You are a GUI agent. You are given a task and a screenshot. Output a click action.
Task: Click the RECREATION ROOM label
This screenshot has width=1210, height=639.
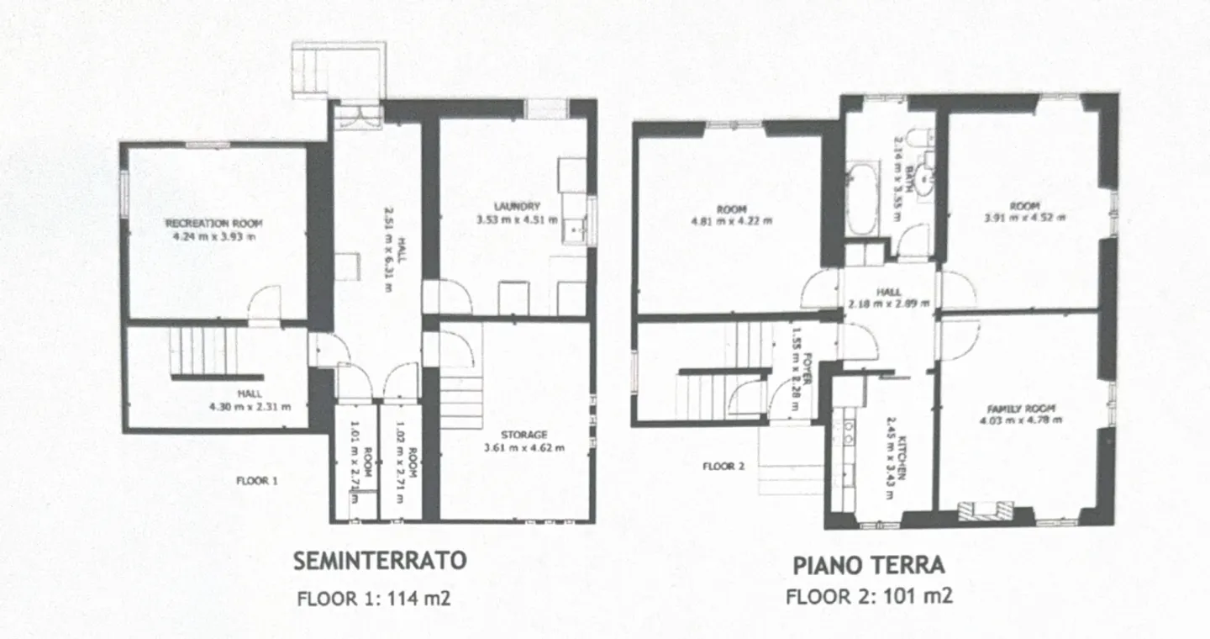[213, 224]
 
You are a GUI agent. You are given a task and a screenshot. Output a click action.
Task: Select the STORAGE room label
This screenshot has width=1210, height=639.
[523, 435]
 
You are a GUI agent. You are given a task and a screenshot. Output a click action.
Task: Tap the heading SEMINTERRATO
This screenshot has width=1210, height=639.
[380, 562]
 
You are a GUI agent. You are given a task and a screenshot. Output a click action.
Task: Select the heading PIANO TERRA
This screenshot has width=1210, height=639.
[869, 566]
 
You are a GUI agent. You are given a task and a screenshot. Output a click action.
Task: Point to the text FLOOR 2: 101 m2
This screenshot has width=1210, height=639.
[869, 597]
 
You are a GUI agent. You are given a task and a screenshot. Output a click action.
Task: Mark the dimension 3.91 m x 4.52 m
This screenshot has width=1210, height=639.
[1024, 217]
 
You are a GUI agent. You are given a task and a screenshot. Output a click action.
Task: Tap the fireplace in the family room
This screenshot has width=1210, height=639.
[985, 510]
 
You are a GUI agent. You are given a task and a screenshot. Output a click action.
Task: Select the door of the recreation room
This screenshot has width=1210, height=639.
[266, 304]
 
